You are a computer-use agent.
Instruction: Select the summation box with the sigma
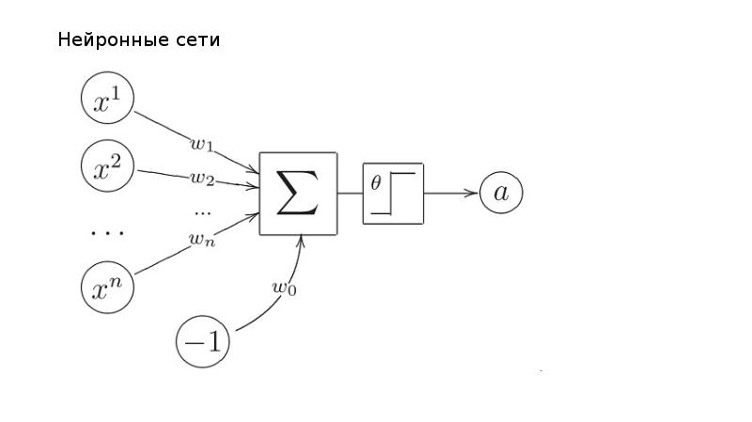298,194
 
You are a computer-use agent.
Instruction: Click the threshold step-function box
393,194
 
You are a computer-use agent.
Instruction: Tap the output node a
501,194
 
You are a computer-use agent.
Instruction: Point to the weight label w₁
202,144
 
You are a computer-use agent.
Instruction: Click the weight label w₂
203,177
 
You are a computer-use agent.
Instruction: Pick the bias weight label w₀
284,289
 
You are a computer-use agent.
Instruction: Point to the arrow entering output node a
452,194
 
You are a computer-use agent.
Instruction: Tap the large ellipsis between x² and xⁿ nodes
106,230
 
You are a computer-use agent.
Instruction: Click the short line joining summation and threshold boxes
350,194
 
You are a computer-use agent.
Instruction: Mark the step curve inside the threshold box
400,193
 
